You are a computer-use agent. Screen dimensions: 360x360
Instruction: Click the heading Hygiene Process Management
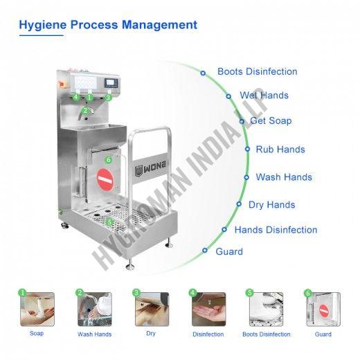pyautogui.click(x=108, y=25)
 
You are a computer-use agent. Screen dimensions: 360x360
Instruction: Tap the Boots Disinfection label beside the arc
pyautogui.click(x=258, y=71)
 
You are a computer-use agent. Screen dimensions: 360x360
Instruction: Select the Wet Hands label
pyautogui.click(x=264, y=96)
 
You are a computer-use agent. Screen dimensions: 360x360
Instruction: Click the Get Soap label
pyautogui.click(x=271, y=120)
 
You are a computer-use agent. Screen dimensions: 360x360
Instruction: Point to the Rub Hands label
pyautogui.click(x=280, y=150)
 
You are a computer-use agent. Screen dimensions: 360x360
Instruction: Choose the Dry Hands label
pyautogui.click(x=272, y=205)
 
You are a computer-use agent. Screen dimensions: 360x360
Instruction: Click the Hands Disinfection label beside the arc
pyautogui.click(x=276, y=230)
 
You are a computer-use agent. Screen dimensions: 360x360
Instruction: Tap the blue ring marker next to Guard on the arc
pyautogui.click(x=205, y=251)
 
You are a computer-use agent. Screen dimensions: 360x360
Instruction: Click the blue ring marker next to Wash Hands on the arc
pyautogui.click(x=246, y=177)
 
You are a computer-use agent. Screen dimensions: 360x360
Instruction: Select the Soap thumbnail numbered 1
pyautogui.click(x=37, y=309)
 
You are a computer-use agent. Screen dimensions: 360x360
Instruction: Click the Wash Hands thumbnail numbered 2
pyautogui.click(x=95, y=309)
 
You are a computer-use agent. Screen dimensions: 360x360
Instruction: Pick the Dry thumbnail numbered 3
pyautogui.click(x=152, y=309)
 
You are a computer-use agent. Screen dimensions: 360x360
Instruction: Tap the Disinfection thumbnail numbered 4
pyautogui.click(x=209, y=309)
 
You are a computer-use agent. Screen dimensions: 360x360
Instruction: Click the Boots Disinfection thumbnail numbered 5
pyautogui.click(x=266, y=309)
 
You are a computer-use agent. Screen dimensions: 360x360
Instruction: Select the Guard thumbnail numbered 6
pyautogui.click(x=323, y=309)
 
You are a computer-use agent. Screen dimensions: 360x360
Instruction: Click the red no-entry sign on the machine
pyautogui.click(x=105, y=179)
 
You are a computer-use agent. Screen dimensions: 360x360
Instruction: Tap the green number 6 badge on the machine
pyautogui.click(x=109, y=159)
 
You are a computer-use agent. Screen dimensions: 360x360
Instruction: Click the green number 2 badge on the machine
pyautogui.click(x=85, y=111)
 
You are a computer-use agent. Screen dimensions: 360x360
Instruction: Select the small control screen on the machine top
pyautogui.click(x=111, y=83)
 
